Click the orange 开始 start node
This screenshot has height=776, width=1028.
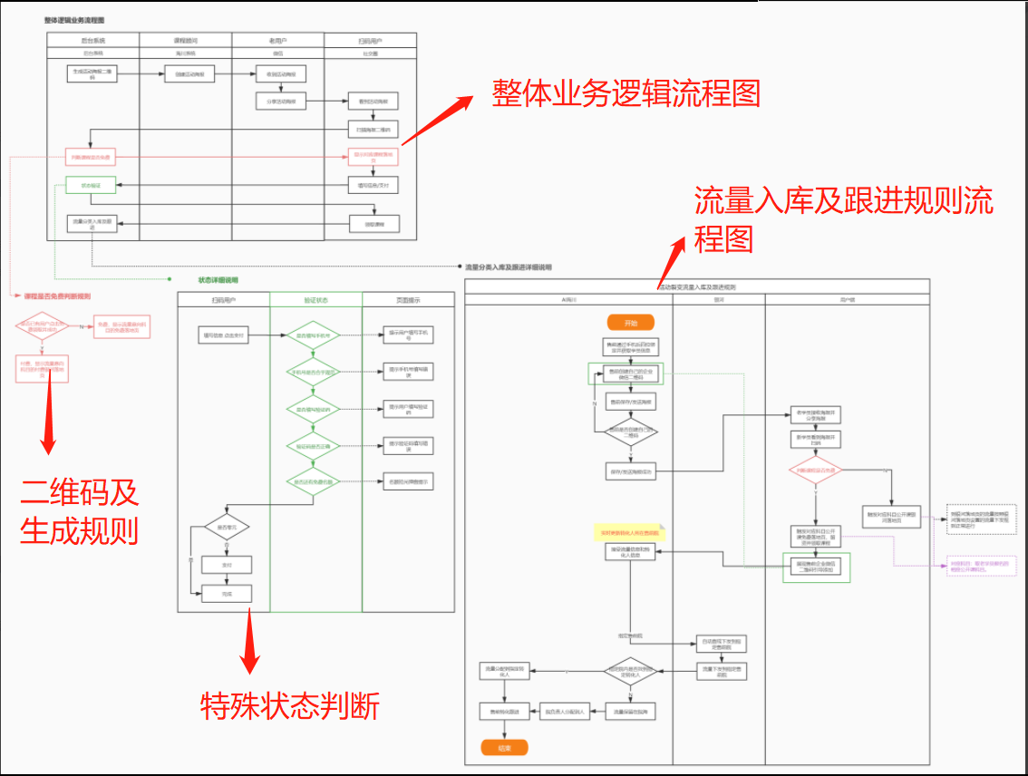click(631, 323)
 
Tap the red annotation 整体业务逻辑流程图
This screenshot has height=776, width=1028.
click(626, 93)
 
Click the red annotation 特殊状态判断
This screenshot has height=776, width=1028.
click(290, 704)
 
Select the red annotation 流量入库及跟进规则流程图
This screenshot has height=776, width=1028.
click(843, 218)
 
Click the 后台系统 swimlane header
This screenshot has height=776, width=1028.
click(93, 41)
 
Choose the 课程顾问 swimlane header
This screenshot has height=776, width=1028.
click(186, 41)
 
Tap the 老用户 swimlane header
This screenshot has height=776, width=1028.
click(278, 41)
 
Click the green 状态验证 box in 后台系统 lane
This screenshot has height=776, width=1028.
click(92, 185)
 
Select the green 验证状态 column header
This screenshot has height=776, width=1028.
click(315, 300)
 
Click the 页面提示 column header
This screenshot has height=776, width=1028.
click(408, 300)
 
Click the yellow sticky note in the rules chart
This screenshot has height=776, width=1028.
click(629, 533)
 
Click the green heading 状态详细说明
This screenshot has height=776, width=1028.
click(218, 280)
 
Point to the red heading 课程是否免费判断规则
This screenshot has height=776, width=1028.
click(56, 296)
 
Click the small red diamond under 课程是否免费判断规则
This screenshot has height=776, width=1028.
click(42, 326)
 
